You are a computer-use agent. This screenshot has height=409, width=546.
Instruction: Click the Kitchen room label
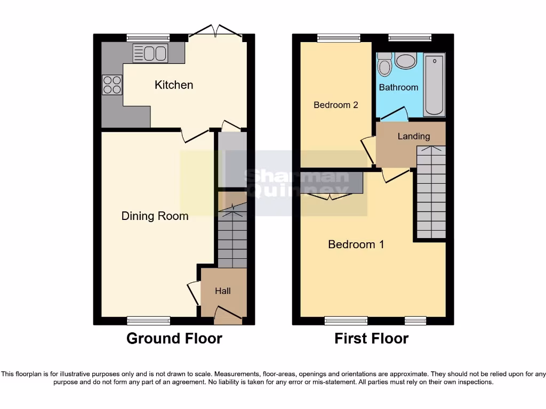pos(174,85)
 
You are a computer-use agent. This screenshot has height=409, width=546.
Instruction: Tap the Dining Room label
pos(155,216)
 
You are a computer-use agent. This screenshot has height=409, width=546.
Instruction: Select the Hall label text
pos(223,291)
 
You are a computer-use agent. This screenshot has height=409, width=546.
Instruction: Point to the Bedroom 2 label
pos(335,105)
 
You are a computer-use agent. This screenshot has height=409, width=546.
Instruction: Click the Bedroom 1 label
pos(356,244)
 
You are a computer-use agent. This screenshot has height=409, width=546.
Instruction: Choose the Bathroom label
pos(398,87)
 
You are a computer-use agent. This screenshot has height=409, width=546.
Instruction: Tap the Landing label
pos(413,136)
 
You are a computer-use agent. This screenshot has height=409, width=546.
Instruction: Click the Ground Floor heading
pos(174,338)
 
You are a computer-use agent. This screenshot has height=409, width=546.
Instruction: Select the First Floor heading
pos(372,338)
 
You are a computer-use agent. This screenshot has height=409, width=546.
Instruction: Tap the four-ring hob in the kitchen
pos(112,85)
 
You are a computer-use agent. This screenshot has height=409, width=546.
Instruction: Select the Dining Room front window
pos(149,320)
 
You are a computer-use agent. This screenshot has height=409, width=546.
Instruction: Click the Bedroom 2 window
pos(338,38)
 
